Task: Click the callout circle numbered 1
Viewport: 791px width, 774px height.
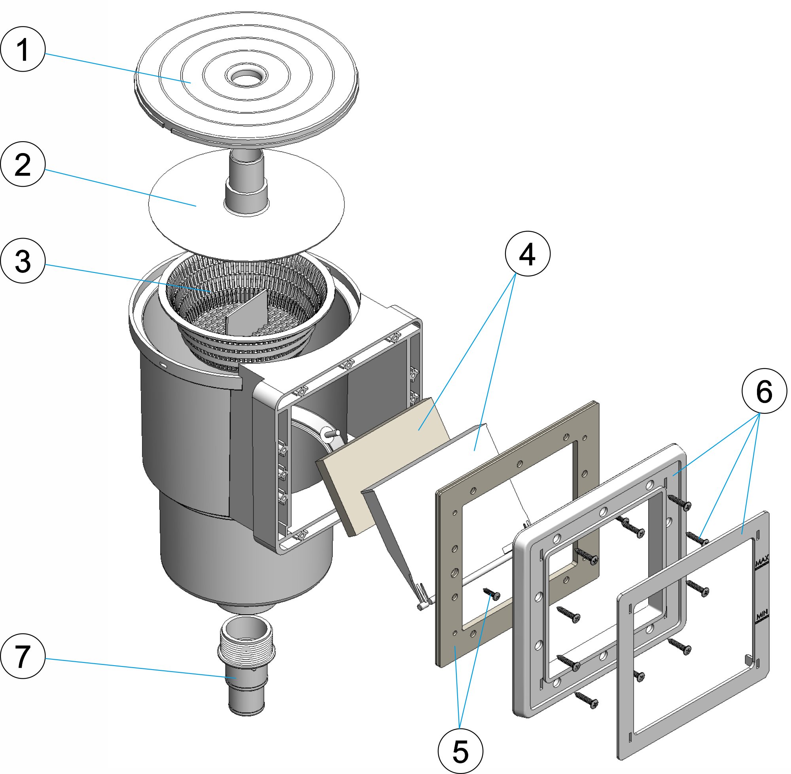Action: (23, 49)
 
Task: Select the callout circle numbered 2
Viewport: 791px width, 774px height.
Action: (23, 164)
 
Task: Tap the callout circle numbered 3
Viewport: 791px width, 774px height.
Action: (23, 261)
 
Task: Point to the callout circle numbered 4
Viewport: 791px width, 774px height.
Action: (527, 254)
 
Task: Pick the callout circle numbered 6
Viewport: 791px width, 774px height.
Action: (764, 392)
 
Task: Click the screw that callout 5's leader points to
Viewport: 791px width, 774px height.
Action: (492, 595)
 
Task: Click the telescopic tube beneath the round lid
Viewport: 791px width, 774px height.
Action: (246, 183)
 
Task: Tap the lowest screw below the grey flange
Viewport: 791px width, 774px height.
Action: (587, 700)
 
